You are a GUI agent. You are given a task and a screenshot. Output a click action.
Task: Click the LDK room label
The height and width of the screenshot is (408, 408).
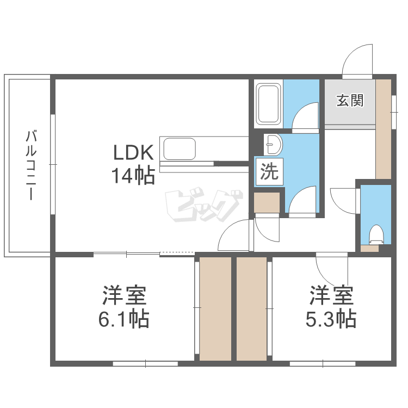click(134, 152)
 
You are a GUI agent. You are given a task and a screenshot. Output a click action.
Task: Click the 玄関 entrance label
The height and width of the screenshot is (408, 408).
click(349, 101)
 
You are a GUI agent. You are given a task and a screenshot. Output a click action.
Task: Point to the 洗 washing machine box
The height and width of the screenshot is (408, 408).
click(268, 172)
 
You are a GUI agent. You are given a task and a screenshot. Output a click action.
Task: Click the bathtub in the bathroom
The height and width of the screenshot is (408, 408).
click(268, 103)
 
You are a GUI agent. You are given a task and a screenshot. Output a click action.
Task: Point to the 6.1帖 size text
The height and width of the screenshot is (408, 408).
click(124, 319)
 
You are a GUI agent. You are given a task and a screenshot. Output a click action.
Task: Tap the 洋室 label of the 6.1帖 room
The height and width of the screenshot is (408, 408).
click(125, 296)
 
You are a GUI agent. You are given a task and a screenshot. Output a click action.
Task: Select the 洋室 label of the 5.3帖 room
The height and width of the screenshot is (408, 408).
click(332, 296)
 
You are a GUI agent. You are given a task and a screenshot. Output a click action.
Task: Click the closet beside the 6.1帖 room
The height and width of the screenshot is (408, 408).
click(215, 308)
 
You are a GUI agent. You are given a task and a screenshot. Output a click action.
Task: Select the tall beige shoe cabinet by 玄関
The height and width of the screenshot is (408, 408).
click(384, 128)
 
